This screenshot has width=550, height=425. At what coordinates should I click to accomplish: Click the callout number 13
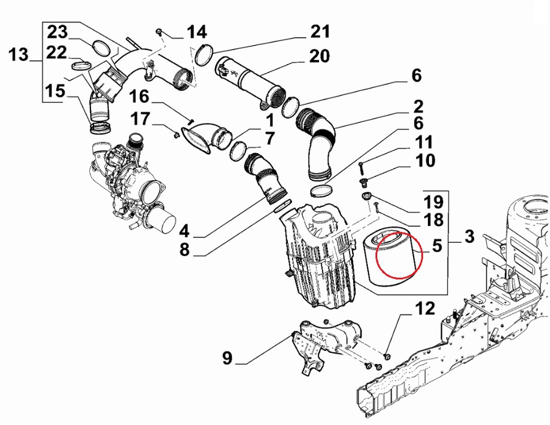pos(18,56)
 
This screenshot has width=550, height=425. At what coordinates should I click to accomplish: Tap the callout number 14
pos(196,32)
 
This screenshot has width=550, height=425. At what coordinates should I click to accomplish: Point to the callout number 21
pos(319,31)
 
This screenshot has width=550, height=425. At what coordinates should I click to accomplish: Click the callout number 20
pos(319,57)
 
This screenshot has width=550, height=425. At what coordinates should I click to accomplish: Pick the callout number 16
pos(139,96)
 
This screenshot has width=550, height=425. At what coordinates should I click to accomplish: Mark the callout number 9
pos(227,358)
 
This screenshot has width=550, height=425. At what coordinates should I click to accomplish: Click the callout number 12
pos(425,309)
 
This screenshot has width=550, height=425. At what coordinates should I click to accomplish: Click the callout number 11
pos(424,143)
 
